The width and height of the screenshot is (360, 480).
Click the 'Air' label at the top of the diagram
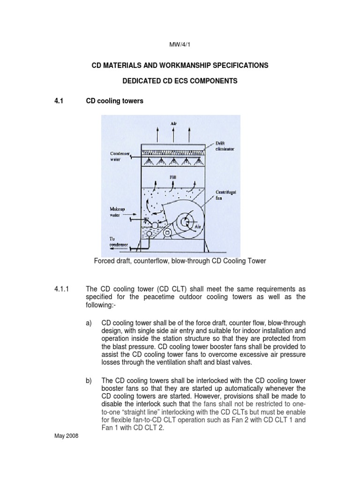click(x=173, y=124)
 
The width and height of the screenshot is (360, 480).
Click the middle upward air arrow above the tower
click(x=173, y=134)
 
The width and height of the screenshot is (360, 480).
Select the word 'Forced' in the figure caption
click(x=105, y=260)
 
